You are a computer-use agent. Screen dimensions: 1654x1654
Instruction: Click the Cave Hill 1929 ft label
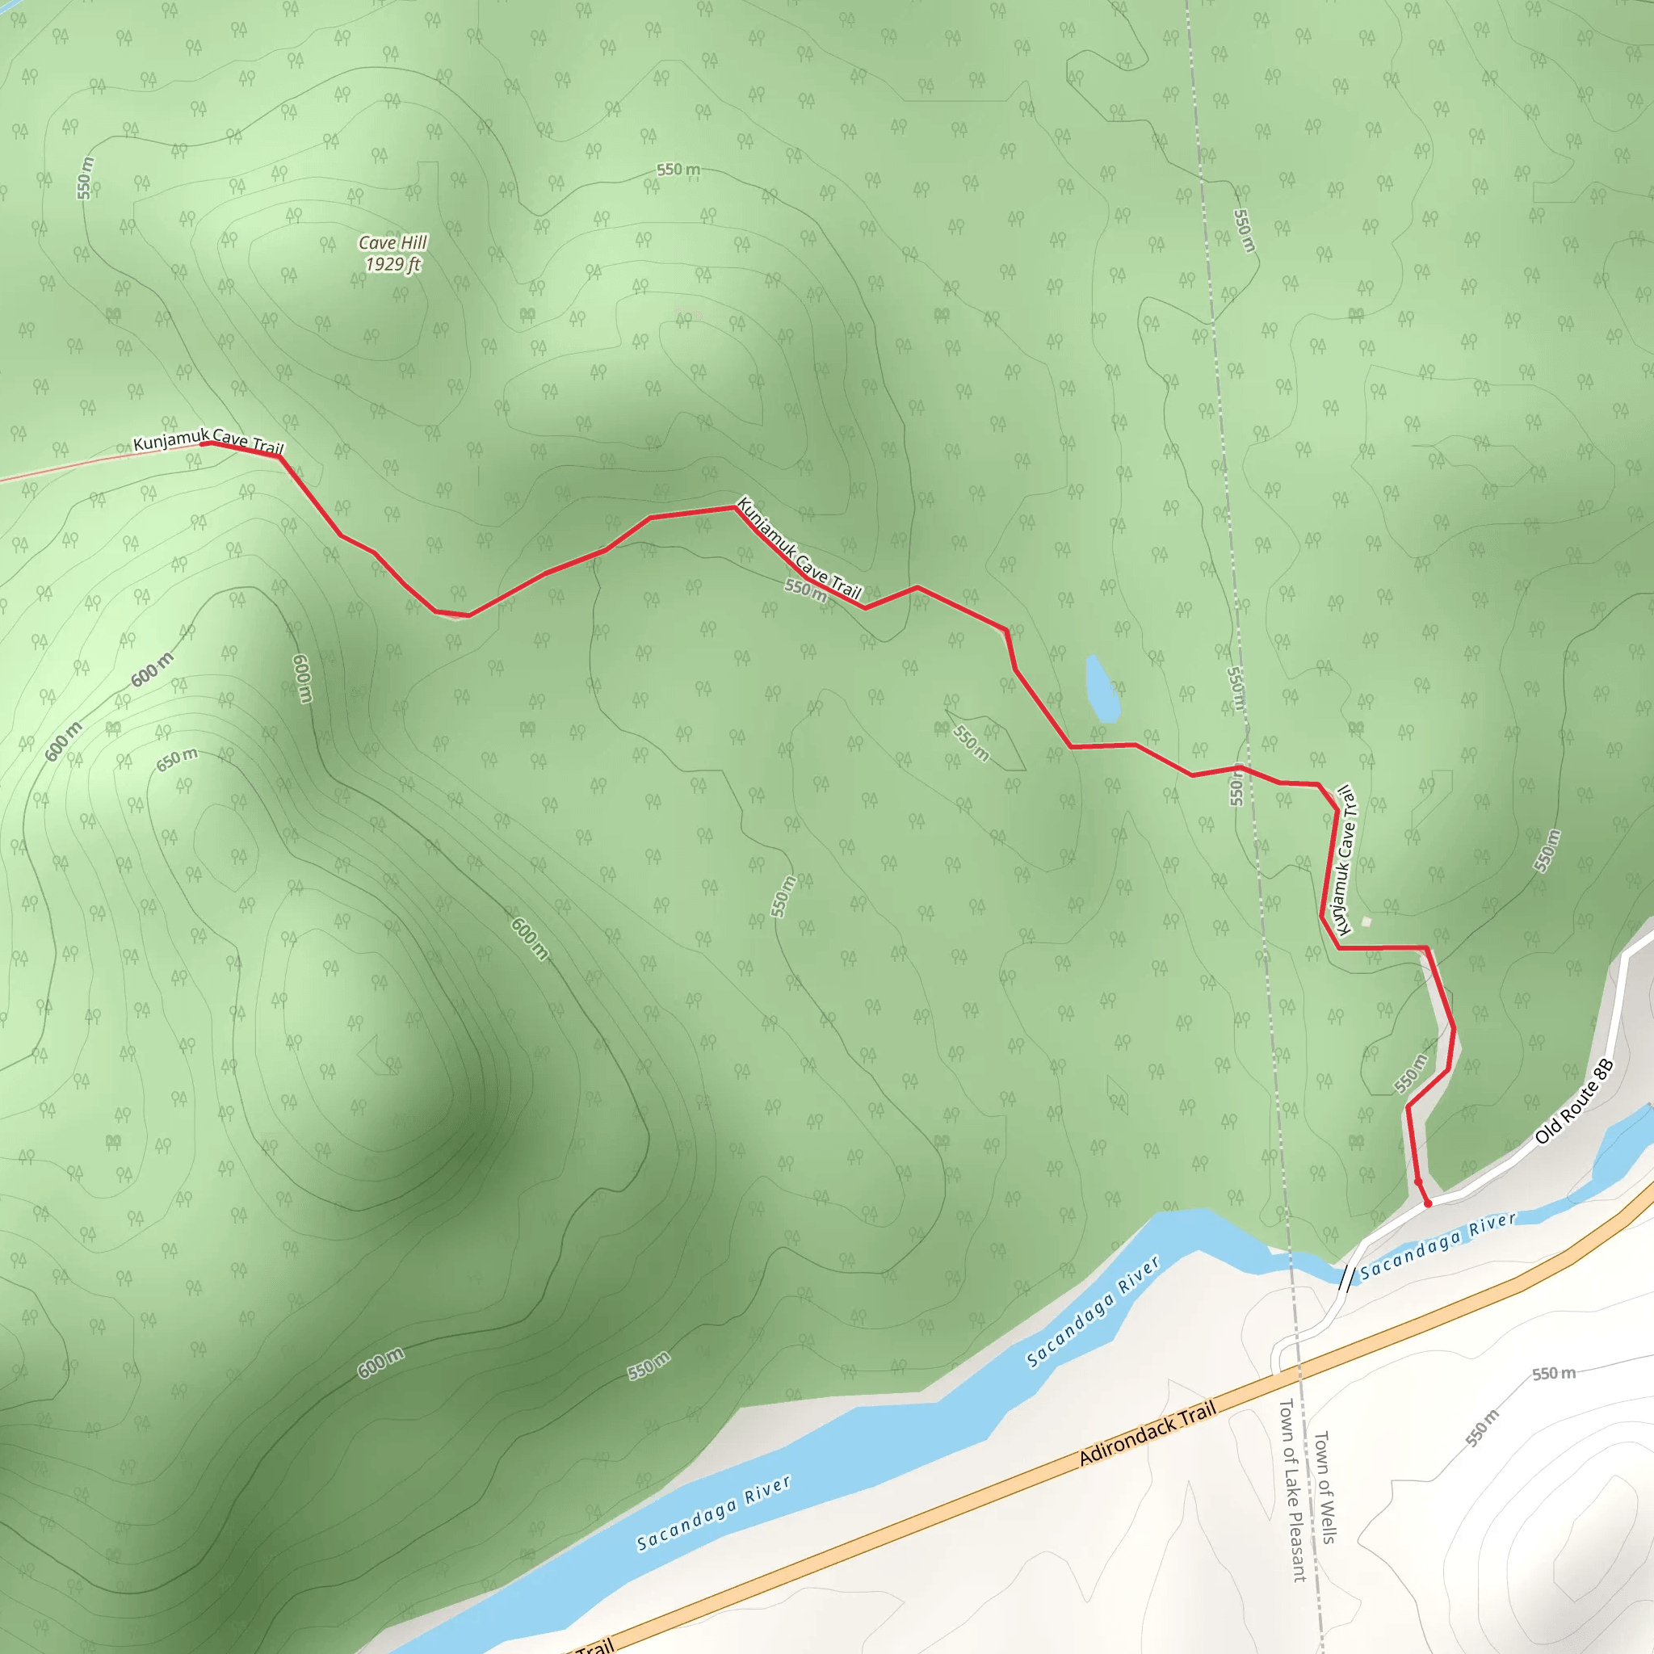(393, 254)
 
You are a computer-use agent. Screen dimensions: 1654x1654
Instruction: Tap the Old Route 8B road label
(1573, 1102)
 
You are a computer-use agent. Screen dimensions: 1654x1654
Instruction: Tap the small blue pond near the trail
(1102, 689)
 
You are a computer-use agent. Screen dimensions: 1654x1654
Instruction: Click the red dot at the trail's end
(1427, 1203)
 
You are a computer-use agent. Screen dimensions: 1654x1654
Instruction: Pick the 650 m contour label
(176, 758)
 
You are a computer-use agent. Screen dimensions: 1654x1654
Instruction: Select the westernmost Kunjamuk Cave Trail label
(208, 441)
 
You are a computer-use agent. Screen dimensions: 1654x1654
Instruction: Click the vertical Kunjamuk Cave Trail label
(1346, 860)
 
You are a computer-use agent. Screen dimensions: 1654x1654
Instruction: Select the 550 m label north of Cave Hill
(678, 170)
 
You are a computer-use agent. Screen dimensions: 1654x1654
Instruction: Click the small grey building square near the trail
(1366, 921)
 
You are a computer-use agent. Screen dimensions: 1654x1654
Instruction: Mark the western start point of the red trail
(203, 443)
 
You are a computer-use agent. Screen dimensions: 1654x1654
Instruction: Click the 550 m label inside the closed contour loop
(971, 742)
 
